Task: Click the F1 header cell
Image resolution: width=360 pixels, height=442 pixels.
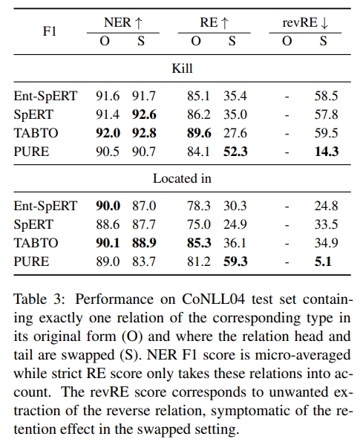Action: (50, 31)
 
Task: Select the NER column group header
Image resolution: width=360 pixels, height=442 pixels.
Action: (123, 22)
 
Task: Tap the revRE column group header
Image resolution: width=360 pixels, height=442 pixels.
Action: (305, 22)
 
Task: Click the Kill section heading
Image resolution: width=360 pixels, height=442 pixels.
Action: (183, 68)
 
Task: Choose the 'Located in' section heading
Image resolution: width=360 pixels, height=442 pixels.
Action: (183, 178)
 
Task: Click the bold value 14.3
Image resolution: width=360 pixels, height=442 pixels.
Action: (327, 152)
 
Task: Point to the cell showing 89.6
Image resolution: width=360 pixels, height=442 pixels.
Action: (199, 133)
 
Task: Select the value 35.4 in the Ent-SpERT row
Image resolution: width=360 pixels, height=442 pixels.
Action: (235, 96)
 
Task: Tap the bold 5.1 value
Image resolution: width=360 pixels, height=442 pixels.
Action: (323, 261)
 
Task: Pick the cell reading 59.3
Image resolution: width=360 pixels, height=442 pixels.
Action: (235, 261)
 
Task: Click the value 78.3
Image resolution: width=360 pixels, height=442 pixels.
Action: (199, 206)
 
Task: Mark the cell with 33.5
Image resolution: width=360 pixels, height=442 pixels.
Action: (326, 224)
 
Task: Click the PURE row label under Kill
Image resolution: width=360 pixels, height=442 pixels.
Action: (31, 152)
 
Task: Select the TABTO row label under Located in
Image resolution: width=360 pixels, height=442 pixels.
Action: (36, 243)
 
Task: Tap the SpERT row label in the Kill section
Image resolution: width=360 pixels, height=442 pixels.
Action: (33, 114)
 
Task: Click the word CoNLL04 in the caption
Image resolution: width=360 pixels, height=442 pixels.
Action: (213, 299)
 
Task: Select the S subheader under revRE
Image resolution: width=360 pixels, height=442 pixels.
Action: (324, 41)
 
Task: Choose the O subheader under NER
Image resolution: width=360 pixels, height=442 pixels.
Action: (105, 41)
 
